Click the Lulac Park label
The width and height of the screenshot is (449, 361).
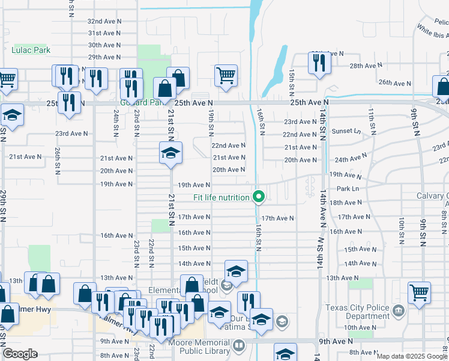[x=31, y=50]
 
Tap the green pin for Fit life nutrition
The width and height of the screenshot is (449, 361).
[x=259, y=197]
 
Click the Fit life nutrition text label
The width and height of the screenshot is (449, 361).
[x=221, y=197]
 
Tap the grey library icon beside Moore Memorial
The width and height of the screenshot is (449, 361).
[x=238, y=345]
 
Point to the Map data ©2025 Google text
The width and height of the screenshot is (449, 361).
[x=412, y=356]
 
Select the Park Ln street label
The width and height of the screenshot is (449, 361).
[x=347, y=189]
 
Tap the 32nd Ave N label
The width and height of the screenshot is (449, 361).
[x=104, y=20]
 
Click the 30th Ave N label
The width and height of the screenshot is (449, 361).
[x=104, y=45]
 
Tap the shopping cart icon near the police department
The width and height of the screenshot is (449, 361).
[x=419, y=293]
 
